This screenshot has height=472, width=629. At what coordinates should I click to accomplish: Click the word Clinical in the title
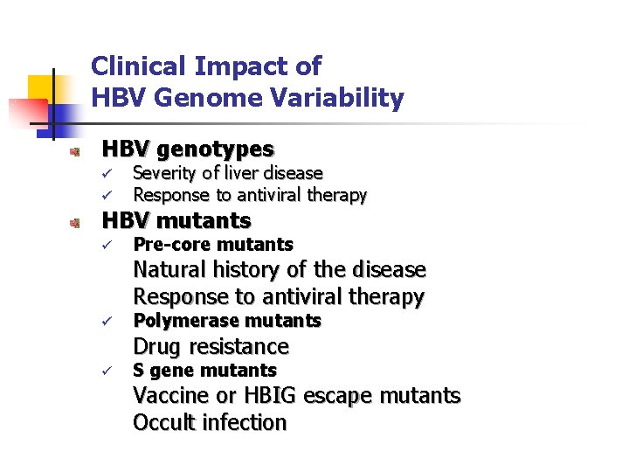(x=140, y=66)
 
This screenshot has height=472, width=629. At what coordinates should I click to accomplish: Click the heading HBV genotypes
(x=188, y=149)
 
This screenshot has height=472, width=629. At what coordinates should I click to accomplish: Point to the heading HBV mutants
(x=176, y=220)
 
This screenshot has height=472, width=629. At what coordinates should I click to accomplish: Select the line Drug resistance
(x=211, y=347)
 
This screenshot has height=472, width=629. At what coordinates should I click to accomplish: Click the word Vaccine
(x=172, y=396)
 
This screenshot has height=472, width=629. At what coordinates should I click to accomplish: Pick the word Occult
(x=163, y=423)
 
